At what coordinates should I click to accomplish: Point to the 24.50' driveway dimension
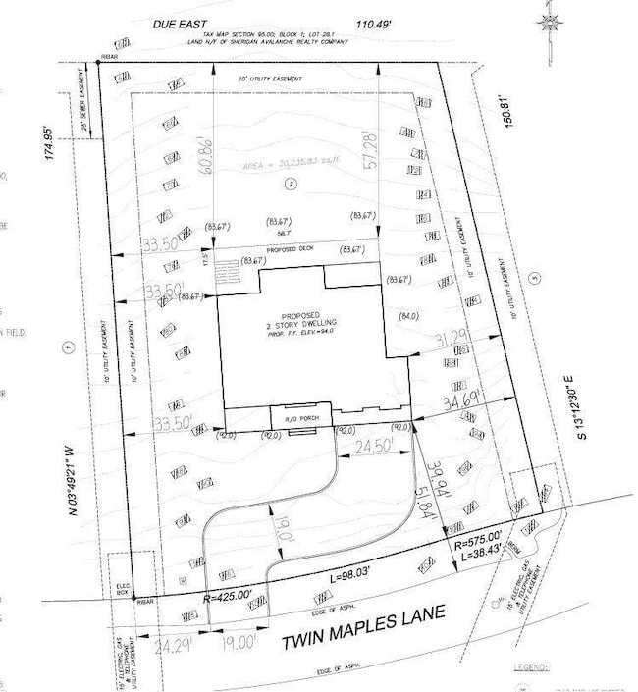point(373,445)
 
